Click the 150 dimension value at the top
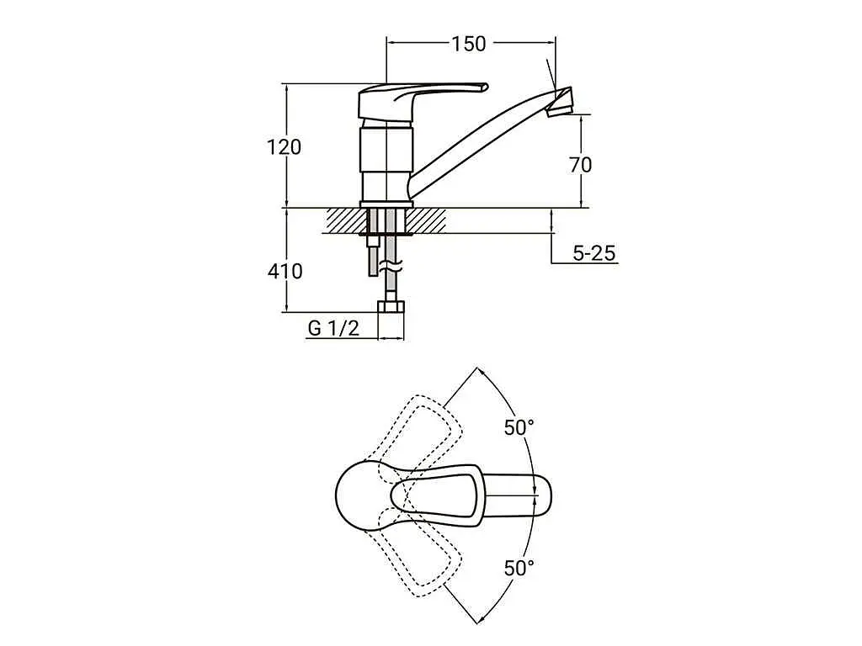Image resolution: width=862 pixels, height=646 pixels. [x=469, y=44]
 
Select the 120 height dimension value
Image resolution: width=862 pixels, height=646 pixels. [x=285, y=147]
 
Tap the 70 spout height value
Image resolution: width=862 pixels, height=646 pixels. [x=581, y=164]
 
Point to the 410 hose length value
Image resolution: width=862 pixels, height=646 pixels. [x=285, y=271]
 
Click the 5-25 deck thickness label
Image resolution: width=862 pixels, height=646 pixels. [x=594, y=253]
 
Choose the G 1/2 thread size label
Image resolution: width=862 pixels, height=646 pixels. [x=333, y=328]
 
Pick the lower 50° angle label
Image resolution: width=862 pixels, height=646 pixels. [x=519, y=568]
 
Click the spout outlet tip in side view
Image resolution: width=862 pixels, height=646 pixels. [x=561, y=103]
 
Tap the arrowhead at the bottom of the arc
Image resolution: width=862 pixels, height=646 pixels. [x=480, y=621]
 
